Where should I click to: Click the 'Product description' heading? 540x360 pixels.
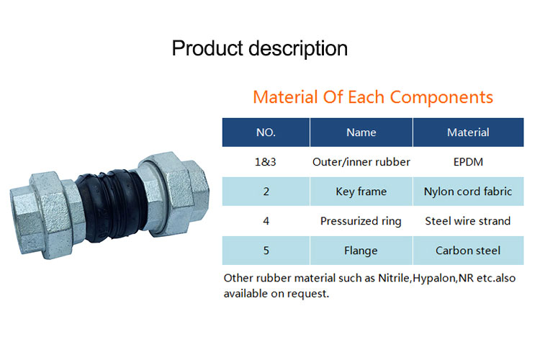[260, 48]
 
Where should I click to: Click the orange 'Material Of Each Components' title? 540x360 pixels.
[373, 97]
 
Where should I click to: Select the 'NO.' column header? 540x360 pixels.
[266, 132]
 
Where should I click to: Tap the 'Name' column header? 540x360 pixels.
[361, 132]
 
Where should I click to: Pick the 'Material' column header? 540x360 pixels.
[469, 132]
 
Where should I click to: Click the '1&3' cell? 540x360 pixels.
[266, 162]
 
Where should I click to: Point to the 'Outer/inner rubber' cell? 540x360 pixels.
[361, 162]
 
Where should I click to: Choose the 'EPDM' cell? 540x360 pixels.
[468, 162]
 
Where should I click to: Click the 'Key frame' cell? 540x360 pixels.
[361, 192]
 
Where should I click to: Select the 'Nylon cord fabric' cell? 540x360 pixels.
[468, 192]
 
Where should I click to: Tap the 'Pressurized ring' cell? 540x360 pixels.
[361, 221]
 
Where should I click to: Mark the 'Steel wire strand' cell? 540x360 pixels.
[468, 221]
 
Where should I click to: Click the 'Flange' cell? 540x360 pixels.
[361, 251]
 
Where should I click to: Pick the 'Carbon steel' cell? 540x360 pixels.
[468, 251]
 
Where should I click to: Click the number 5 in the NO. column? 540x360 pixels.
[266, 251]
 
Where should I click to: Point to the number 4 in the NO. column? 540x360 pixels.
[266, 221]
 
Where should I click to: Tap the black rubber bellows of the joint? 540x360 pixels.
[110, 205]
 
